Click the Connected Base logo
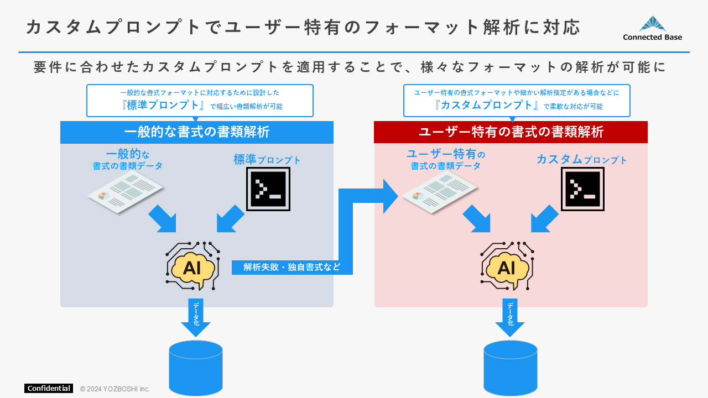652,29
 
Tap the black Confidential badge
49,388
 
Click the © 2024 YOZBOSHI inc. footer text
115,389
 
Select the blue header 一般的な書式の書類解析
197,132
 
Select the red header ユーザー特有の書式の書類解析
511,132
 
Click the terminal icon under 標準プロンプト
268,189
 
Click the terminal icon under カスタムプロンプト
582,189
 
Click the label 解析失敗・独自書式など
292,267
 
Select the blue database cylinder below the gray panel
196,368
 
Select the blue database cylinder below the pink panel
510,368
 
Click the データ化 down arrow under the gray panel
196,318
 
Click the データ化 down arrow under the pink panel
510,318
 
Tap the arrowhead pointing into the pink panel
390,196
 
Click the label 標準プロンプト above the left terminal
267,160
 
